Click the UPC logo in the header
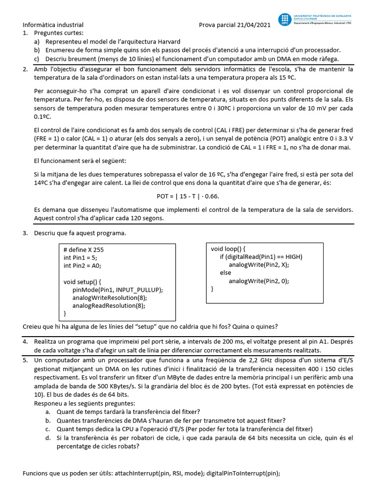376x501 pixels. (284, 20)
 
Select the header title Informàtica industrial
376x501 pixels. (53, 25)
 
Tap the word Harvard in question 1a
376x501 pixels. (166, 42)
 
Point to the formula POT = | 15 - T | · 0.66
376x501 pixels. (188, 196)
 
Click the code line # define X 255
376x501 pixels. (84, 250)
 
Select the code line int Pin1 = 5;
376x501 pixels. (81, 257)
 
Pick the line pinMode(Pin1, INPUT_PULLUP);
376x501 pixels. (117, 290)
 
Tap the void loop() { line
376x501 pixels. (231, 249)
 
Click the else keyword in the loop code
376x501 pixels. (225, 273)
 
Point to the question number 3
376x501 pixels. (25, 233)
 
